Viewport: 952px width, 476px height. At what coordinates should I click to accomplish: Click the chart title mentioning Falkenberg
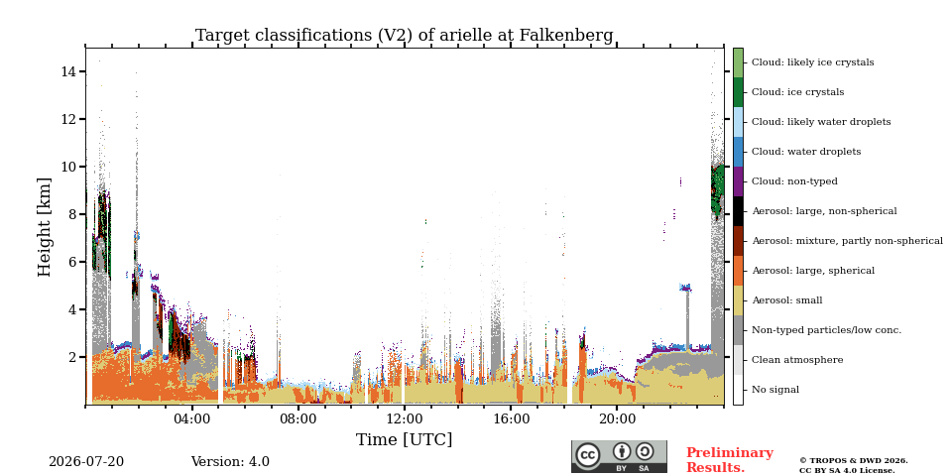pos(405,36)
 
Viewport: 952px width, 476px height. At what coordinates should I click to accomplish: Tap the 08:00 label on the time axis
pos(298,418)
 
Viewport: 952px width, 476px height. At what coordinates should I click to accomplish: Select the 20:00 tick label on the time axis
pos(617,418)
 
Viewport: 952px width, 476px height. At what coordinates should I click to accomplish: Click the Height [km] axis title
pos(45,226)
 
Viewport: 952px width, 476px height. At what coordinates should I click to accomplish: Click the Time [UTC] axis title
pos(405,439)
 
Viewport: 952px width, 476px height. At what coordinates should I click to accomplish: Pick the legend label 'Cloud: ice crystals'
pos(797,92)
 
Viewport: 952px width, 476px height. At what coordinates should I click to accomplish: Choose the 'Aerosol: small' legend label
pos(787,300)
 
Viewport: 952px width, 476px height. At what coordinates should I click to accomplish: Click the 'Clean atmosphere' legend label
pos(797,360)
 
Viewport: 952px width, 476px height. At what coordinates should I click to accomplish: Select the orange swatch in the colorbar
pos(738,271)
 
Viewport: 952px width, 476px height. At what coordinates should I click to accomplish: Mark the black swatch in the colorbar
pos(738,211)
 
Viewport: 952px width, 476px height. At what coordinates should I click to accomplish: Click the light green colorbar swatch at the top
pos(738,62)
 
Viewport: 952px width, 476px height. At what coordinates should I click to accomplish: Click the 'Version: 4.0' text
pos(230,462)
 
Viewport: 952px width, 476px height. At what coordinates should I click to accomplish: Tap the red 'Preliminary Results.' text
pos(730,460)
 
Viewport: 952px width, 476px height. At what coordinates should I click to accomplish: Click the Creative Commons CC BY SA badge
pos(619,456)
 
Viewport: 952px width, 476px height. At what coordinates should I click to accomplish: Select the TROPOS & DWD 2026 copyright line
pos(854,461)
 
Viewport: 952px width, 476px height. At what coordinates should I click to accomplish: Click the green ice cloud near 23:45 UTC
pos(718,188)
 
